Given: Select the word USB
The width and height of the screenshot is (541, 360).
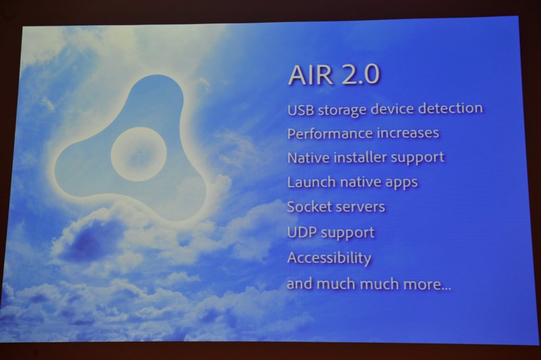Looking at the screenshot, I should click(300, 108).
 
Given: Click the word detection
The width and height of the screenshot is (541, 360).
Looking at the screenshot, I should click(450, 108).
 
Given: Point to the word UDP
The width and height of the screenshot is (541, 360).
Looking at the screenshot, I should click(300, 232).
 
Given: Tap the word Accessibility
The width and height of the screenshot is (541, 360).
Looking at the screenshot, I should click(329, 258).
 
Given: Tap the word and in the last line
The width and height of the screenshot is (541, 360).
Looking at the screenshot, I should click(299, 284).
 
